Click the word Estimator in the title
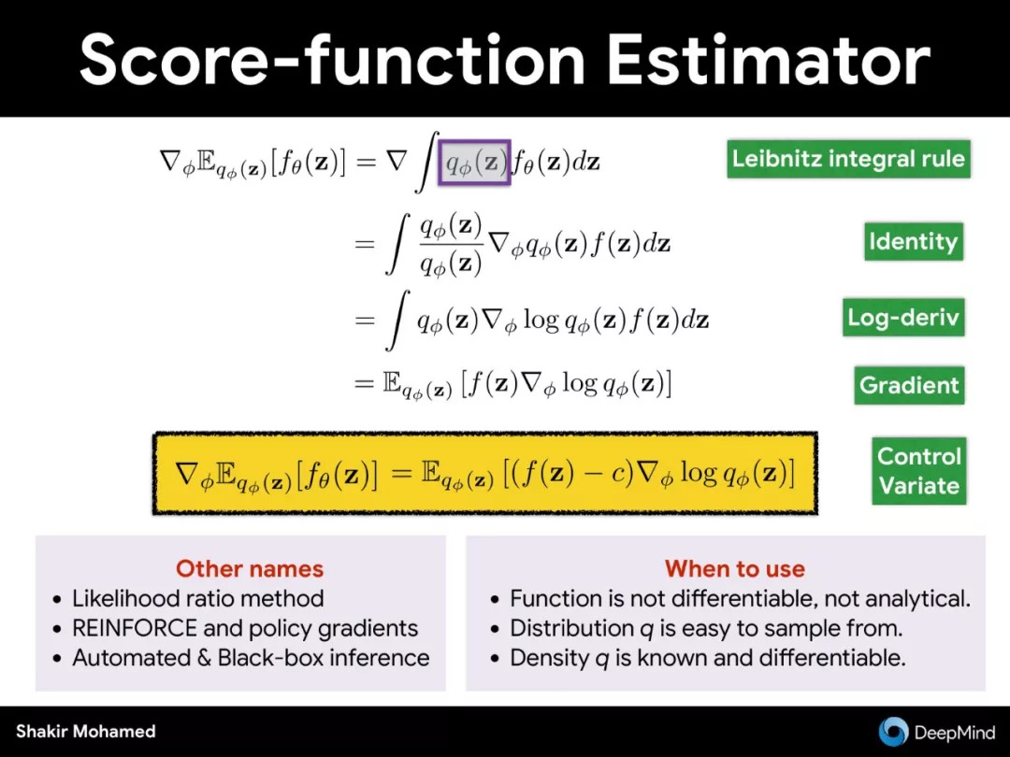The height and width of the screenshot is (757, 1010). (769, 60)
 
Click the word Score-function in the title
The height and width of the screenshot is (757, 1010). (332, 60)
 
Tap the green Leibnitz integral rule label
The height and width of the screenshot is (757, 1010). (848, 159)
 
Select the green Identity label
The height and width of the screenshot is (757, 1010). (914, 241)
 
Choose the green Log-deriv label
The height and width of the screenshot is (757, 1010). (903, 317)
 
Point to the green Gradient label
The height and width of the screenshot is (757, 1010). (909, 385)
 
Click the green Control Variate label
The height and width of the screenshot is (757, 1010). (919, 470)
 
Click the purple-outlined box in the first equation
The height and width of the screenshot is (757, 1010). (475, 163)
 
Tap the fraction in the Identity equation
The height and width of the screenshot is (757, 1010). (451, 245)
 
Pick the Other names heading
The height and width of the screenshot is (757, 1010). (250, 568)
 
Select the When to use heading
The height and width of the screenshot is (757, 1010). (735, 568)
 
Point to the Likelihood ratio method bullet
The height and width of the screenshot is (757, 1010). (197, 599)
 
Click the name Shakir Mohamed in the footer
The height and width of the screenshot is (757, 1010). (86, 731)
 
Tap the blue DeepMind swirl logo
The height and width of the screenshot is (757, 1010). (893, 732)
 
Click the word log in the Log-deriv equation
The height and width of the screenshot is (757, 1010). (541, 320)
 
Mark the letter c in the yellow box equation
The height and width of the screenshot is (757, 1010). (618, 475)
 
